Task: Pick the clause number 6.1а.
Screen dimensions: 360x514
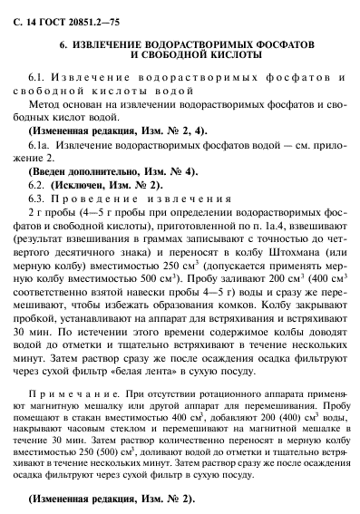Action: click(x=41, y=144)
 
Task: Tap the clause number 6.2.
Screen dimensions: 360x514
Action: click(x=39, y=183)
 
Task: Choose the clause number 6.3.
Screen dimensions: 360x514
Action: click(x=39, y=197)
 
